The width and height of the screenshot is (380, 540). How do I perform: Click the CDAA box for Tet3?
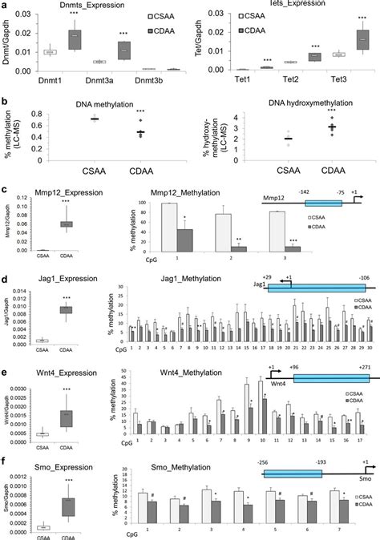click(342, 39)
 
